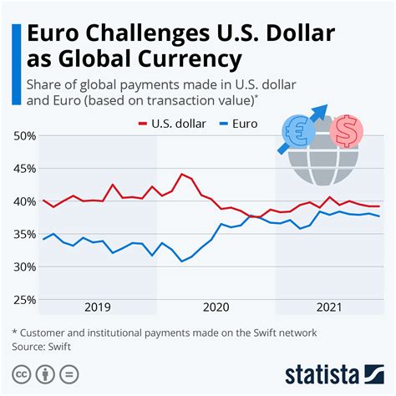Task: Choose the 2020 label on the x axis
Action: tap(216, 307)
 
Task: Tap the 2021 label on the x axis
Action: tap(330, 307)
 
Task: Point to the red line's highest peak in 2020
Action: tap(182, 174)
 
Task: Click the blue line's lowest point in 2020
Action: tap(182, 261)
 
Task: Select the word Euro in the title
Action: tap(56, 34)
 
